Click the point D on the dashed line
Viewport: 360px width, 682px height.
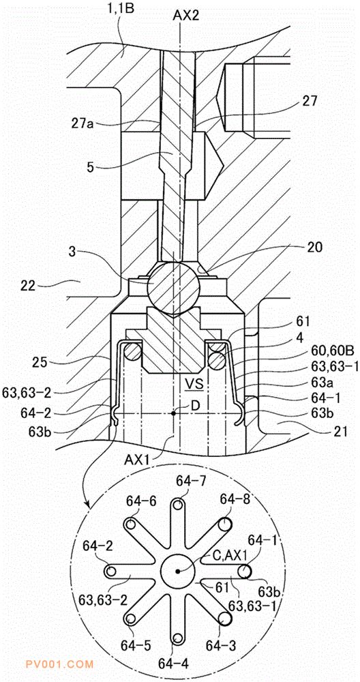(x=173, y=413)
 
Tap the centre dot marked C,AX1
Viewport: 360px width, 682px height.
(x=178, y=572)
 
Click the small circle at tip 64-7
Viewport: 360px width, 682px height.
(x=178, y=505)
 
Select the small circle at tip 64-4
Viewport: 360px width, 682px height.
(x=178, y=638)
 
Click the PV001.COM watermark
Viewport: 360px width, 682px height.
(x=59, y=664)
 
